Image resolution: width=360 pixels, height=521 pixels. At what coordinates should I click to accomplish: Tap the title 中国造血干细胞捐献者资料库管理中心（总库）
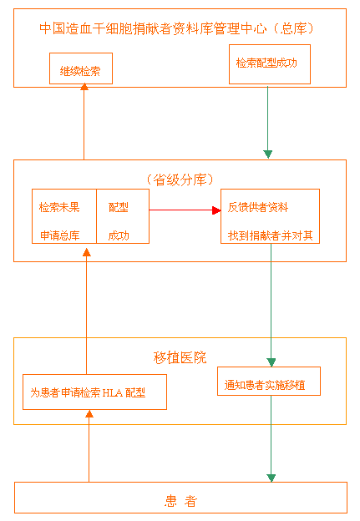pos(176,28)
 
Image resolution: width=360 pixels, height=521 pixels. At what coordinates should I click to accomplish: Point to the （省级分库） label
pos(180,180)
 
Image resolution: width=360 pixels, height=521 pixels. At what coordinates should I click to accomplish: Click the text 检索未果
pos(59,207)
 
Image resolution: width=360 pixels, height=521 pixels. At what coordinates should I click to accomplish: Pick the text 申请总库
pos(60,235)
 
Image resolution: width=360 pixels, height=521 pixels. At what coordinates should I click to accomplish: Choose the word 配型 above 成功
pos(119,207)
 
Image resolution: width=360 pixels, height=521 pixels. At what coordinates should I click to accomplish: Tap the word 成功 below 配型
pos(119,235)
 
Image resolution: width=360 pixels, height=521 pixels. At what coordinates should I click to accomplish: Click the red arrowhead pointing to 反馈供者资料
pos(216,210)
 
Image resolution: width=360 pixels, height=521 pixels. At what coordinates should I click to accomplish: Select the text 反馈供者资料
pos(258,207)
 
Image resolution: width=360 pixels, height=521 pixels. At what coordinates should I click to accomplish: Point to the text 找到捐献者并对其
pos(271,235)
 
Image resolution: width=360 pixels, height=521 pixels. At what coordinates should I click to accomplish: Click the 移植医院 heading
pos(180,357)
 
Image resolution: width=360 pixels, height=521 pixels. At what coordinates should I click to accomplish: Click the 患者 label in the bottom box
pos(180,501)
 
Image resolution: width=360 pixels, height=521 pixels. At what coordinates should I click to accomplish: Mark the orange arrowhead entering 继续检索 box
pos(84,87)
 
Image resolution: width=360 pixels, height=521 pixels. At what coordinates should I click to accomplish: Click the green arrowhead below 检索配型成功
pos(268,154)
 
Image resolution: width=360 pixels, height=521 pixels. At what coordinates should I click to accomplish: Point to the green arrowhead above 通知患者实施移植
pos(271,362)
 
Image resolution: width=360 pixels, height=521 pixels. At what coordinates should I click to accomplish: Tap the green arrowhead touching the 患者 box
pos(271,478)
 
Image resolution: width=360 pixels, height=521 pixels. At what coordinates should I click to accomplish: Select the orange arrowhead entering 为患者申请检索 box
pos(89,413)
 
